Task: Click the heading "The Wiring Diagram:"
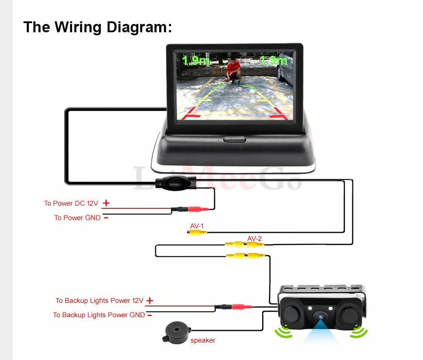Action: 98,27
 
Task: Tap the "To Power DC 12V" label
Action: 71,204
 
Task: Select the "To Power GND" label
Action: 77,217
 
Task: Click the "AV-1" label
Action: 197,226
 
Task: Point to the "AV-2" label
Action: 254,238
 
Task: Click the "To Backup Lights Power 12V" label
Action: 99,301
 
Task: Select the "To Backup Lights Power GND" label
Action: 99,315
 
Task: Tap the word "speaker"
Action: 203,340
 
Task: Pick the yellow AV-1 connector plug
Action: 197,233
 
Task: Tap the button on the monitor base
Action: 235,140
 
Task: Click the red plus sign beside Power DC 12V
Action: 106,203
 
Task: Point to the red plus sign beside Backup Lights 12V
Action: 150,301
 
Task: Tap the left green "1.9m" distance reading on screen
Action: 196,60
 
